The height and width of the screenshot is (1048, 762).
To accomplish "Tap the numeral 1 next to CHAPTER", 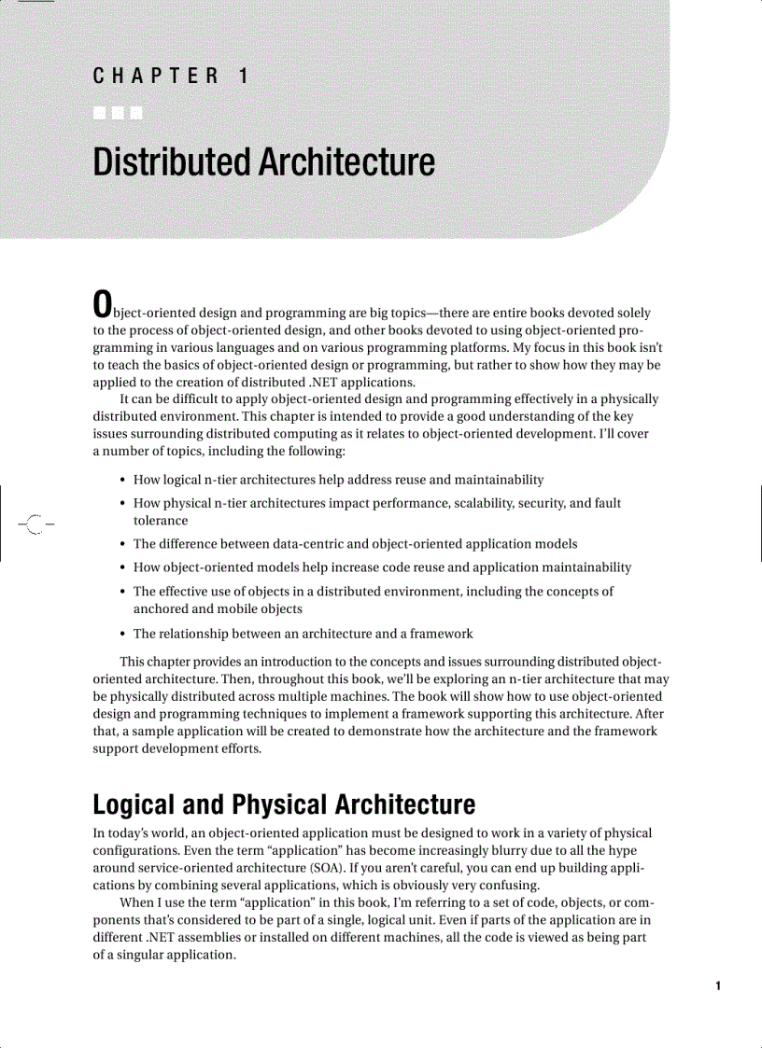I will [x=244, y=77].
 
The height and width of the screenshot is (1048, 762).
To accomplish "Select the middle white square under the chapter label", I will [x=119, y=115].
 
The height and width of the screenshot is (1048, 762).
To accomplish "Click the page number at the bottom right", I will [x=717, y=985].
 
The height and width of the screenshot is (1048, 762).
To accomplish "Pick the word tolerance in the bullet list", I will [x=161, y=521].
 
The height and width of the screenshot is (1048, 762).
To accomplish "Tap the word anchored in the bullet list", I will [x=162, y=609].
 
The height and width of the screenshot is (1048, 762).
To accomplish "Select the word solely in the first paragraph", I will [x=632, y=313].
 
